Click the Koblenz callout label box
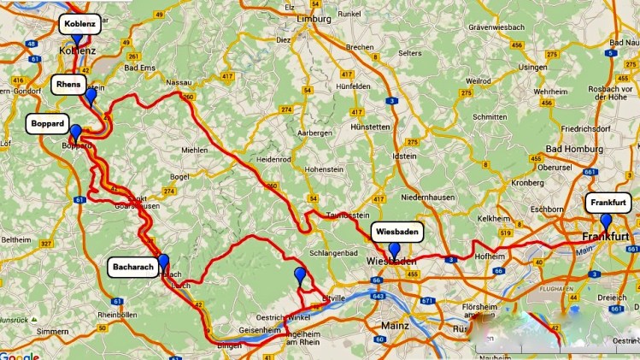(79, 24)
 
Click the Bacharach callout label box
(132, 267)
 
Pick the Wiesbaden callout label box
(397, 232)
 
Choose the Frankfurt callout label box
(608, 203)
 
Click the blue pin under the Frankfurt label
(606, 221)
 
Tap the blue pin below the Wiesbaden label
(394, 251)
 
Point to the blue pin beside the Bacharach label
(163, 263)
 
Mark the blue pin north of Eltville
(299, 274)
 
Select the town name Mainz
(391, 324)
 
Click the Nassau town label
(179, 82)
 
